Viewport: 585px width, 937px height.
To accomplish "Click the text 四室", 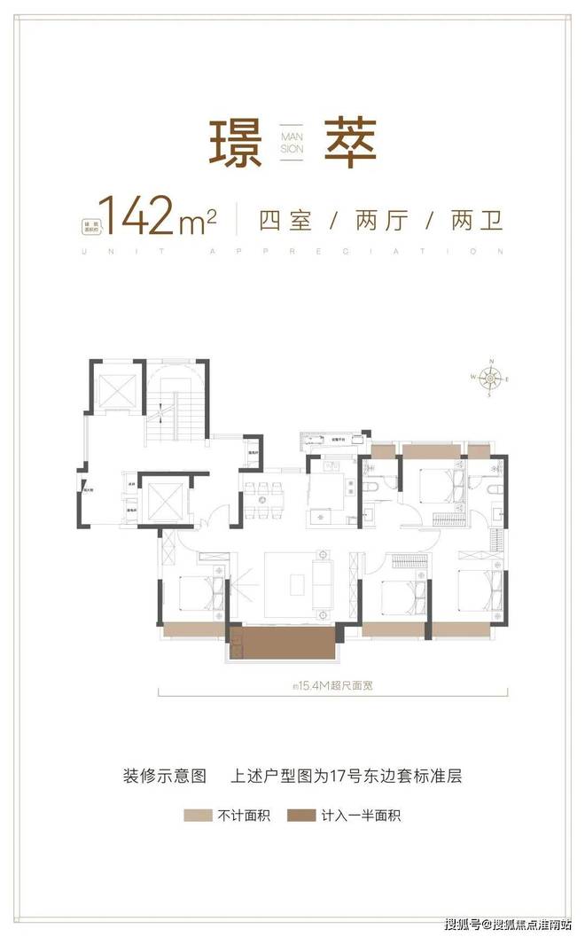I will click(286, 219).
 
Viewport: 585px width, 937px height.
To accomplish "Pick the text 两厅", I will click(381, 219).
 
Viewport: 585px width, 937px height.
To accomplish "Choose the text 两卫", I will click(477, 219).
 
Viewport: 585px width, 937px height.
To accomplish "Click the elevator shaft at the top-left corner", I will click(113, 388).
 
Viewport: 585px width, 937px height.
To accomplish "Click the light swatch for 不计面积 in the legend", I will click(198, 815).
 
